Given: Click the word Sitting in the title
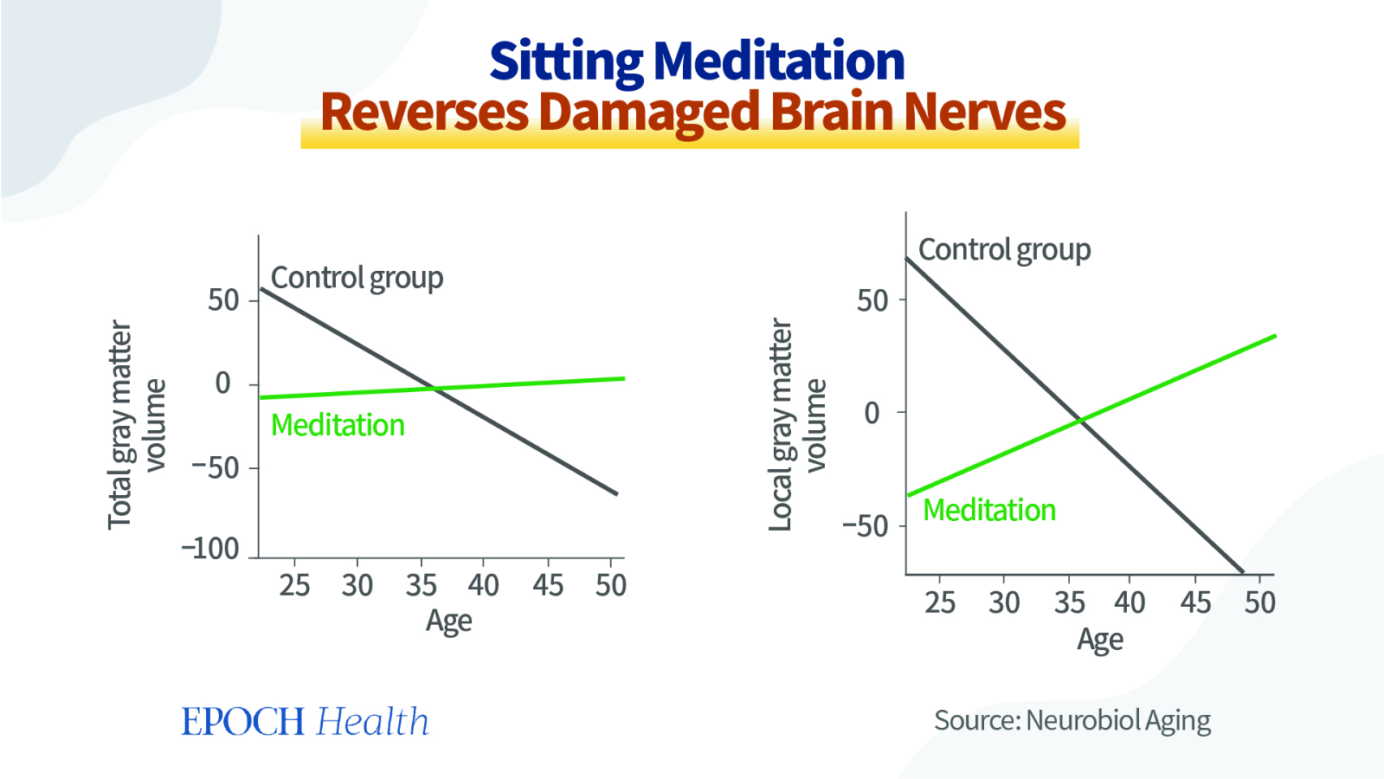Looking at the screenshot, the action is tap(567, 61).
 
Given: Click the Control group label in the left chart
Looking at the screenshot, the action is tap(357, 279).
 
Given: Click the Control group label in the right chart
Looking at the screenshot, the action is tap(1005, 251).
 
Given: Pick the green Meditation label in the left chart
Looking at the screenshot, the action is tap(338, 425).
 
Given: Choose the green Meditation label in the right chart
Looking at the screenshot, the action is tap(989, 511).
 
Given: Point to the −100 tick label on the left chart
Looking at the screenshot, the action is tap(210, 549).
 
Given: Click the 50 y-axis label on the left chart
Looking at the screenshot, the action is tap(223, 301).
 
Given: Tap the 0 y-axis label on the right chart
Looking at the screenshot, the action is tap(872, 413).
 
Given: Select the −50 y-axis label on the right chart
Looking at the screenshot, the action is tap(866, 526).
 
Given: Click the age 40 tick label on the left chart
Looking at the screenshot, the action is tap(483, 585).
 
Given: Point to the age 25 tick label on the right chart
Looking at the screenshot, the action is tap(940, 602).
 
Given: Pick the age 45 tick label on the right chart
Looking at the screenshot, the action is tap(1195, 602).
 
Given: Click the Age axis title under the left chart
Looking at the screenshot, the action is tap(448, 621).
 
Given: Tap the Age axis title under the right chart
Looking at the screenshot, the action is tap(1100, 640).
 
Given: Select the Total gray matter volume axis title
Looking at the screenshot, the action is tap(137, 425).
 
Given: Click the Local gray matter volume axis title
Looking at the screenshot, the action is tap(797, 425).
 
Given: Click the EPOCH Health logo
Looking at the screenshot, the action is tap(306, 721).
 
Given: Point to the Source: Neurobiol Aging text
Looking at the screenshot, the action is tap(1072, 721).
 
